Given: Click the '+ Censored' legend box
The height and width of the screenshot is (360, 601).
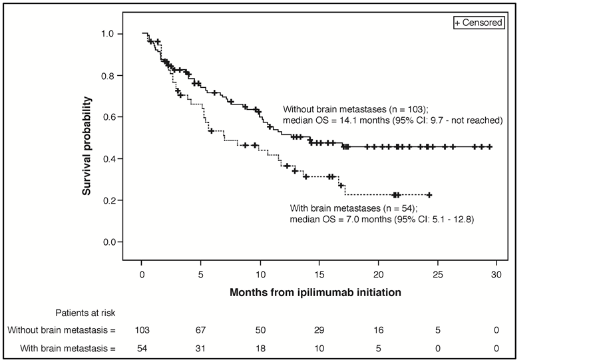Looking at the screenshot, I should (478, 23).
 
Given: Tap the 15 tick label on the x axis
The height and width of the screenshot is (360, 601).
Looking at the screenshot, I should (319, 274).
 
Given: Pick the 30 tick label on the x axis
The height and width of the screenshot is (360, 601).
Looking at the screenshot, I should (497, 274).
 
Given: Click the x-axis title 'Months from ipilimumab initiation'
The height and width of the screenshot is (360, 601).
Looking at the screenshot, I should (315, 292).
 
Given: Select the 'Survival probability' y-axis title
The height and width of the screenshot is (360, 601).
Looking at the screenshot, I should (87, 146).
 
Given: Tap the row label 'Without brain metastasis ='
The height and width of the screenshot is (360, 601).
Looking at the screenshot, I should (61, 330).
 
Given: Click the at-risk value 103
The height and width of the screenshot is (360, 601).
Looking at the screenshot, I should (142, 330).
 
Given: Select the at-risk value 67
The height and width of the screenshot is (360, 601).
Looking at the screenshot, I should (202, 330).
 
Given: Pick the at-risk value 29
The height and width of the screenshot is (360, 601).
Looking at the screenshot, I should (319, 330).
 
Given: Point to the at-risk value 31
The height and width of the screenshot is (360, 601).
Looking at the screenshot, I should (202, 348).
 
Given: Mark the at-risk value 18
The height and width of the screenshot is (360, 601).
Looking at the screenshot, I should (261, 348).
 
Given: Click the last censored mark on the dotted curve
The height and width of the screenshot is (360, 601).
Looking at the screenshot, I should (429, 195).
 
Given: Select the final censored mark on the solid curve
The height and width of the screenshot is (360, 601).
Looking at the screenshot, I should (490, 146).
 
